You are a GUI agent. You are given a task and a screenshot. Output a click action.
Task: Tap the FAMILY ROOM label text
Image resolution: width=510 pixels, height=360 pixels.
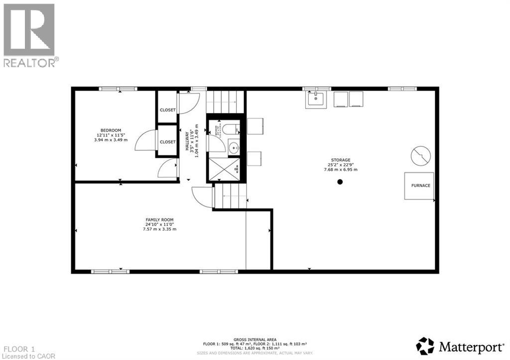[159, 220]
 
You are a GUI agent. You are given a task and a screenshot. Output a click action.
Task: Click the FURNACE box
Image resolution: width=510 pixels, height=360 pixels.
[419, 186]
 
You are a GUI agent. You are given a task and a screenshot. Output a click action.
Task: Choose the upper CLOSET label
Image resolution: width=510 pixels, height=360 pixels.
[167, 110]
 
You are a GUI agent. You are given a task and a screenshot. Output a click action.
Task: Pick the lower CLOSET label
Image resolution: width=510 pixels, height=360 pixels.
[167, 142]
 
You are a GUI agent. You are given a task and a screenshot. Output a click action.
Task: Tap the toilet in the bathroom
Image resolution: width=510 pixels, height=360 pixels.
[230, 130]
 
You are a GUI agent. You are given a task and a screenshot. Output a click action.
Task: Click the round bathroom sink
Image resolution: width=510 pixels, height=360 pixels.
[234, 147]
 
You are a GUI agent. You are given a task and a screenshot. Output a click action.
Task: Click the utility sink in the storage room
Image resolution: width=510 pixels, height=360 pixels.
[315, 99]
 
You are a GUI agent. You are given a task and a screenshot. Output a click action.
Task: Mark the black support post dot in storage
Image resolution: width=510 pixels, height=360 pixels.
[340, 182]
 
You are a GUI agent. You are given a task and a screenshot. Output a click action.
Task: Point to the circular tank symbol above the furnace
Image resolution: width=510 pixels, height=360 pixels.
[420, 156]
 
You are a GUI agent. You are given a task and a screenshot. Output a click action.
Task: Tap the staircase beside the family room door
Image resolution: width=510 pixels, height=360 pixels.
[230, 196]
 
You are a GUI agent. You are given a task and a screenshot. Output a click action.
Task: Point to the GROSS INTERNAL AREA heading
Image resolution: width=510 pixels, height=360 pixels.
[255, 339]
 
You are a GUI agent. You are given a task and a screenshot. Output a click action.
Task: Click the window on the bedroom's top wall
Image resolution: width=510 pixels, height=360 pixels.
[118, 89]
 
